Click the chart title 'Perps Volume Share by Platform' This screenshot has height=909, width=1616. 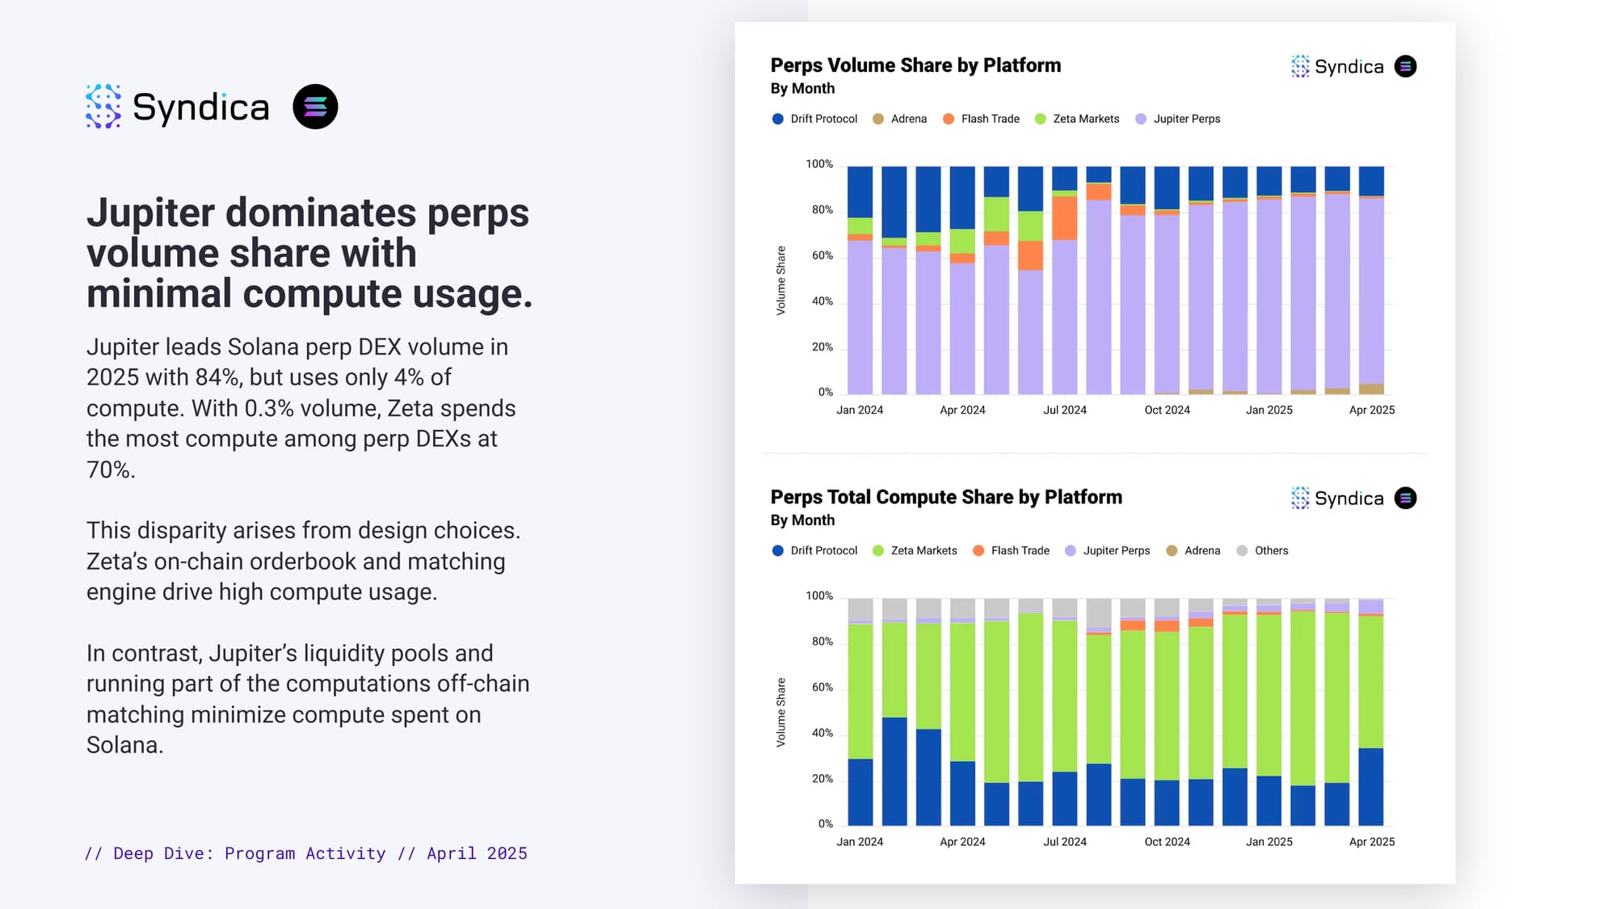pyautogui.click(x=915, y=65)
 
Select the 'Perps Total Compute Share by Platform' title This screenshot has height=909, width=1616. pyautogui.click(x=946, y=497)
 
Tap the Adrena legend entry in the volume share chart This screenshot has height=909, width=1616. pyautogui.click(x=900, y=119)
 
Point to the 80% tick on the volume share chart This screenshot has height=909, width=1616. pyautogui.click(x=822, y=210)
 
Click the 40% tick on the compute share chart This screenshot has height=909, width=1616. pyautogui.click(x=822, y=733)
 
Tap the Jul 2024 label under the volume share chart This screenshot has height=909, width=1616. pyautogui.click(x=1064, y=410)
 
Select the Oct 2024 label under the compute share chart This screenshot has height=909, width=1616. pyautogui.click(x=1167, y=841)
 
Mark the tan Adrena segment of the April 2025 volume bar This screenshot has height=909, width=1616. pyautogui.click(x=1371, y=389)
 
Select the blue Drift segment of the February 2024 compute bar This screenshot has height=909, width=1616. pyautogui.click(x=894, y=771)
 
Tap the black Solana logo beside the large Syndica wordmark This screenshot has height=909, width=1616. pyautogui.click(x=315, y=107)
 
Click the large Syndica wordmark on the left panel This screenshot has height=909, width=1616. pyautogui.click(x=200, y=107)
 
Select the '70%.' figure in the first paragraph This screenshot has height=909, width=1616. pyautogui.click(x=111, y=469)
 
